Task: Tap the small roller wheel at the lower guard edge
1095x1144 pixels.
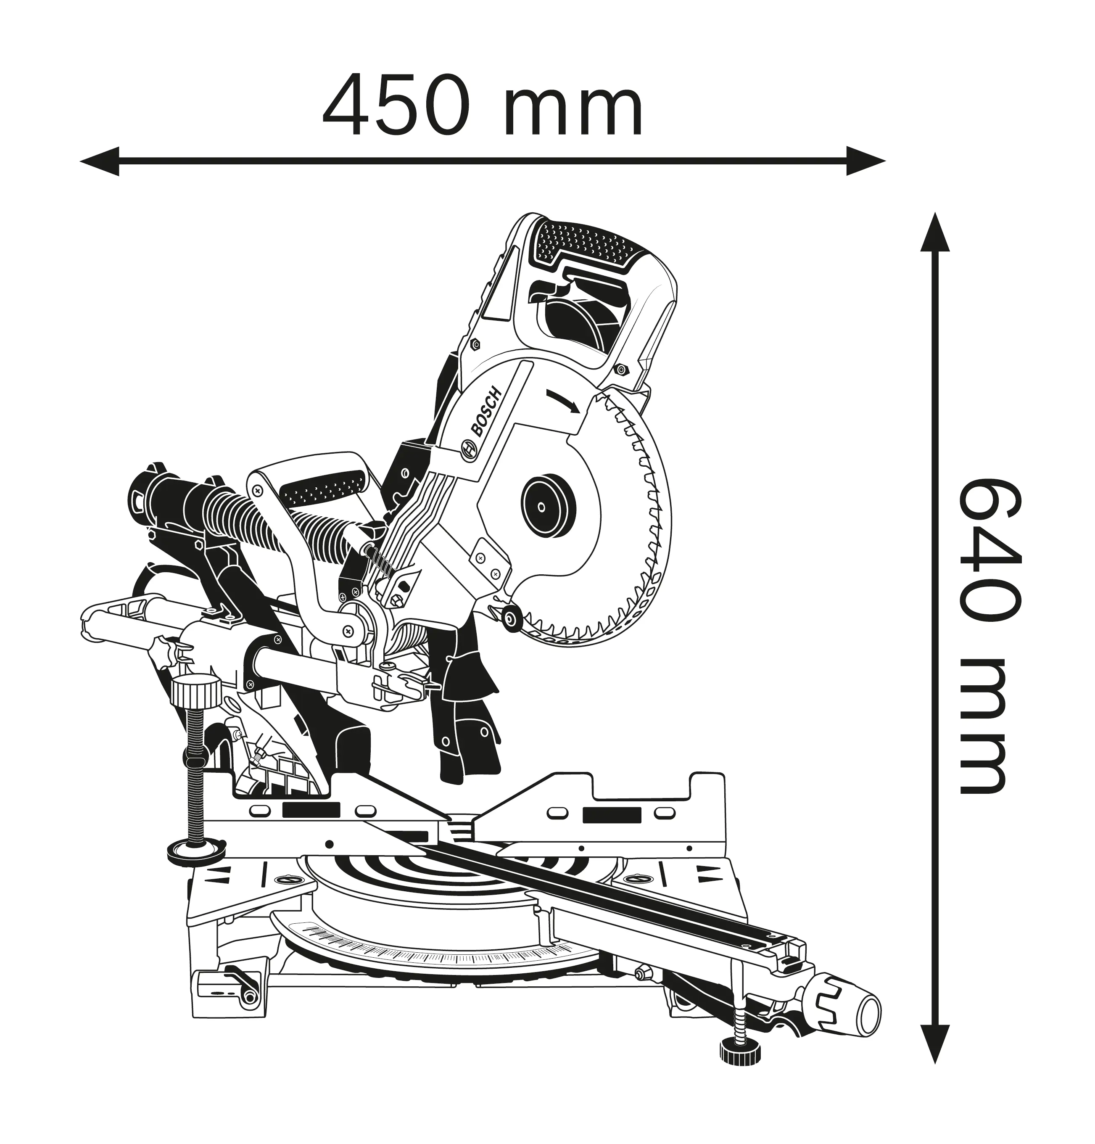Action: [x=512, y=618]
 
